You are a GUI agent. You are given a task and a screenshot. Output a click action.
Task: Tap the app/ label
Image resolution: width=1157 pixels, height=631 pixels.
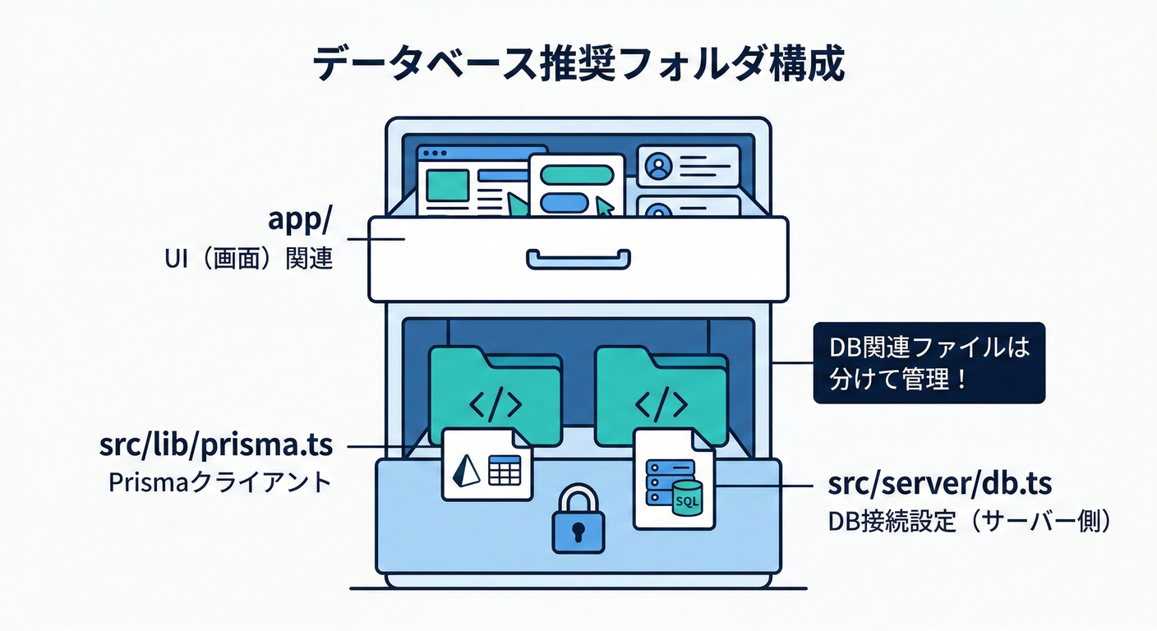coord(301,220)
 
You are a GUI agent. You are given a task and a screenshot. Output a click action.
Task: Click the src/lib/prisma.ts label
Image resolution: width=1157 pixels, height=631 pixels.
coord(216,444)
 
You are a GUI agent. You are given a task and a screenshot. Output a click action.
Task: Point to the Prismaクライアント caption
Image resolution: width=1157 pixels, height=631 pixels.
coord(220,482)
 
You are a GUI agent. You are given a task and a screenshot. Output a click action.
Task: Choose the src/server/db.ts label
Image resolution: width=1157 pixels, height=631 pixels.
coord(939,484)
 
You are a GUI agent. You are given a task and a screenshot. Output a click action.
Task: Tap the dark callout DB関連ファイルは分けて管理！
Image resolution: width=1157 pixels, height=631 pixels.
coord(929,362)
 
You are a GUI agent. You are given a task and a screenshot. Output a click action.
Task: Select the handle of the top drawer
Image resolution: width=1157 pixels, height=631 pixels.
coord(578,259)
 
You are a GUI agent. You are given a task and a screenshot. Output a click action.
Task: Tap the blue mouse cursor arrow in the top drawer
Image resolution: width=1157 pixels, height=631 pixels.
coord(605,207)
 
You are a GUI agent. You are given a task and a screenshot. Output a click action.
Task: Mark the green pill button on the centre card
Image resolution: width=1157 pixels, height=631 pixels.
coord(578,174)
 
